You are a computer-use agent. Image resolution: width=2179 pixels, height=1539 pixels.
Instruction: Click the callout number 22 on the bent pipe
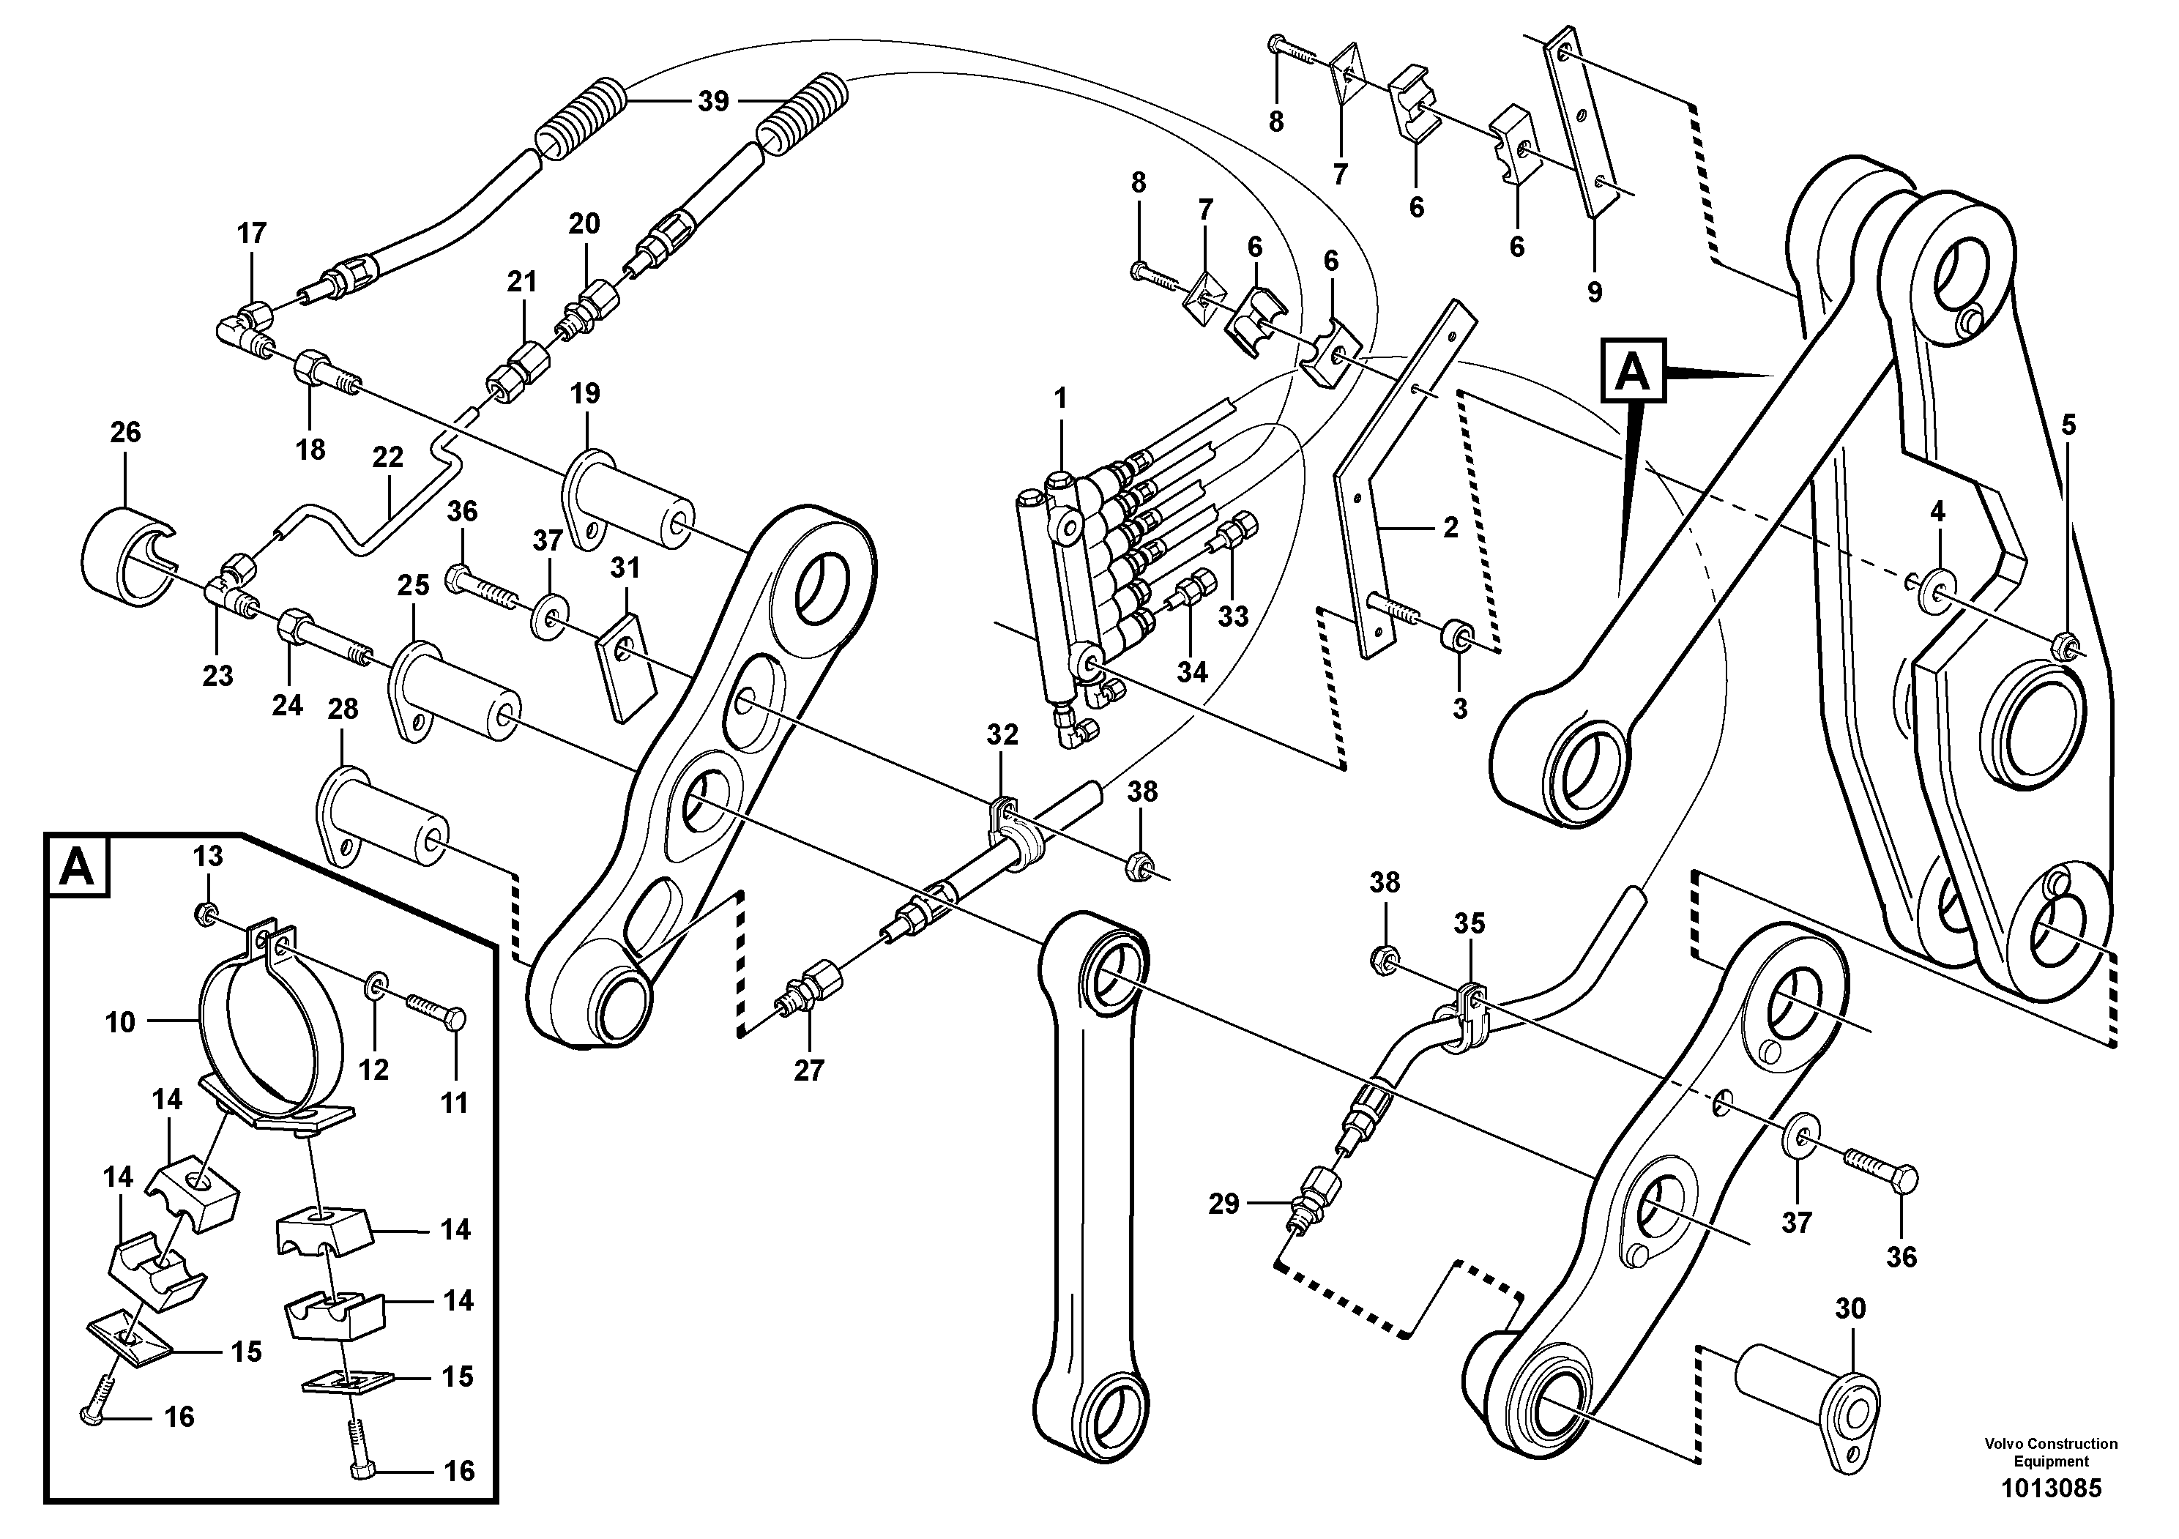pos(387,458)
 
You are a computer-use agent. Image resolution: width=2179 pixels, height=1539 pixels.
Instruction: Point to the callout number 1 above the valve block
pos(1060,398)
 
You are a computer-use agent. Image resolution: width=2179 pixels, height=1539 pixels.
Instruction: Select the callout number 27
pos(808,1070)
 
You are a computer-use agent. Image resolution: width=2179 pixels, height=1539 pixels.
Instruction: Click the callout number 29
pos(1223,1204)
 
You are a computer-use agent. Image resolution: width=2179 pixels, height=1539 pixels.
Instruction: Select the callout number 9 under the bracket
pos(1595,292)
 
